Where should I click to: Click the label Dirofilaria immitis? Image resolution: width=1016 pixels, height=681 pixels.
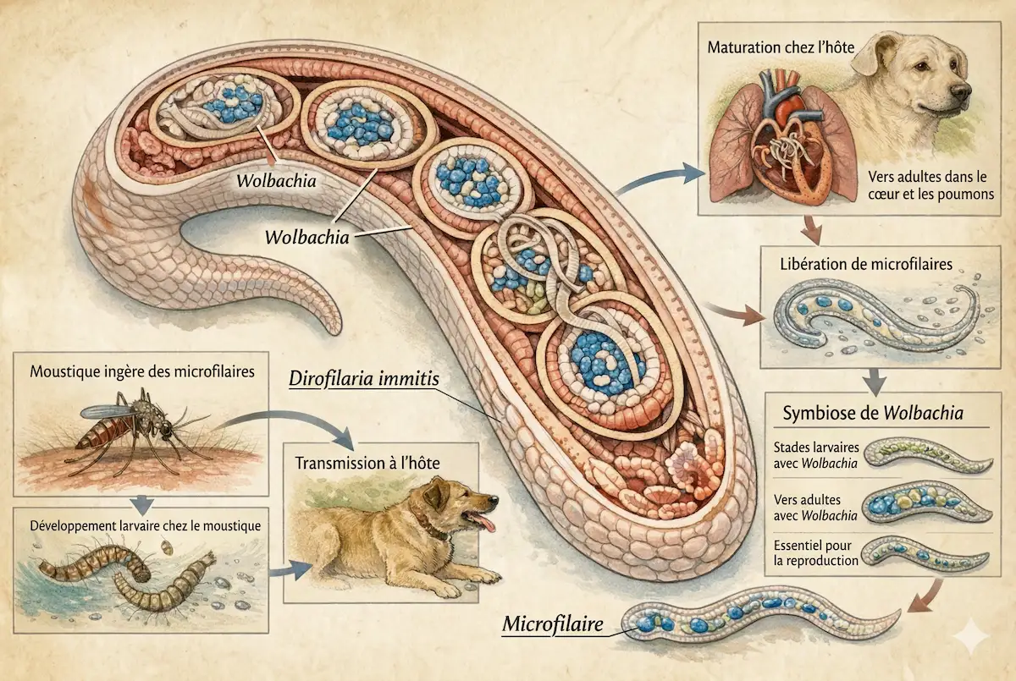[x=364, y=379]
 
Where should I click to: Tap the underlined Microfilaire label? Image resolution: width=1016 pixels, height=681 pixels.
[x=553, y=625]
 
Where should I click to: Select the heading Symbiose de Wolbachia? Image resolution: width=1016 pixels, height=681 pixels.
[x=874, y=414]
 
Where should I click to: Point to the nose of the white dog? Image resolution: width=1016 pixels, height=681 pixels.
[x=959, y=91]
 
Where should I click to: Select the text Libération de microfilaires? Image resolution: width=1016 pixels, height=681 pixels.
[x=865, y=265]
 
